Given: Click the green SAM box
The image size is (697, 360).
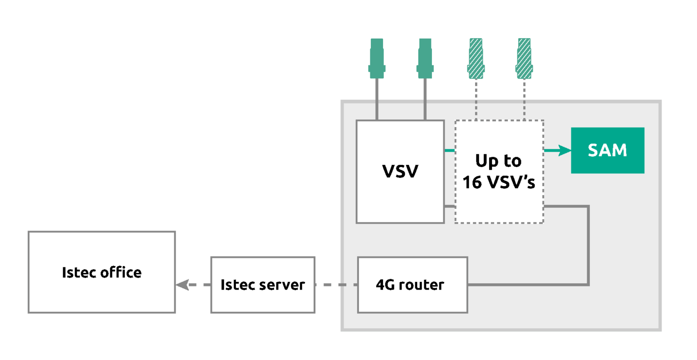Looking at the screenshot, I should (x=607, y=150).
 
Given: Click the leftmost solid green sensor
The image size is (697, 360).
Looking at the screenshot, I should (x=377, y=58).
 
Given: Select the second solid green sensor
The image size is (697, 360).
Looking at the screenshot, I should (x=425, y=58).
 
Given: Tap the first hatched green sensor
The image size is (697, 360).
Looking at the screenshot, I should (x=476, y=58).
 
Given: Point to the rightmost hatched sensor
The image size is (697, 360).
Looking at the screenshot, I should (x=524, y=58).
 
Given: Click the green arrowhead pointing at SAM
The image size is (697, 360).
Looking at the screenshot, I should (x=564, y=150).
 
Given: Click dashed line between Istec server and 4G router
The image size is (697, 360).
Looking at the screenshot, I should (x=336, y=285).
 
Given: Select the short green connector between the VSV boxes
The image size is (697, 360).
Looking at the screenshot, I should (x=449, y=150).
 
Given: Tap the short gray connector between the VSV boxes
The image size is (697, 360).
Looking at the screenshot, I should (x=449, y=207).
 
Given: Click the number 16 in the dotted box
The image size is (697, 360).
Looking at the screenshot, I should (x=472, y=182).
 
